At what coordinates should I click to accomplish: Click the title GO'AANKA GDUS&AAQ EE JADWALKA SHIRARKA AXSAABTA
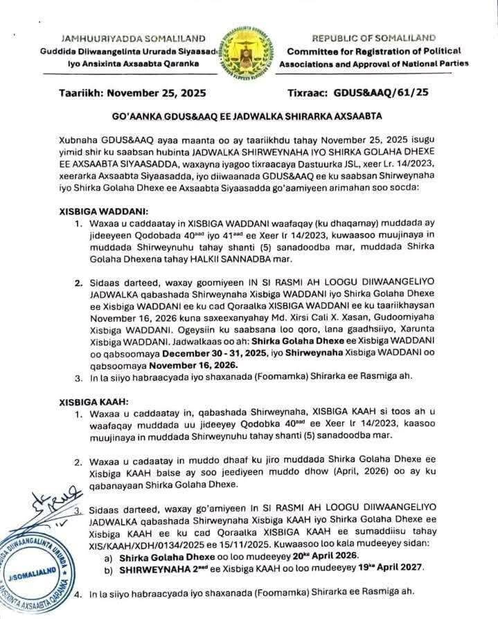249,116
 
